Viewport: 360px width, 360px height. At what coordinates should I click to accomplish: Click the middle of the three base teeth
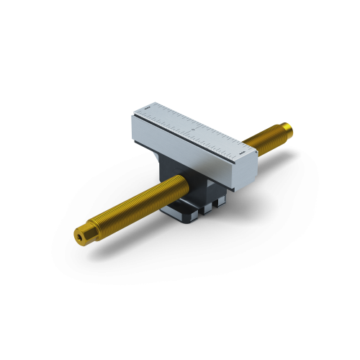click(x=205, y=209)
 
